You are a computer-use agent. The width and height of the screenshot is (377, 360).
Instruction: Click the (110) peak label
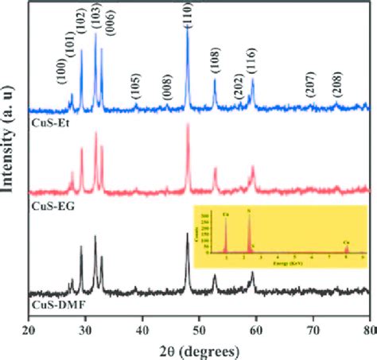point(188,15)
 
